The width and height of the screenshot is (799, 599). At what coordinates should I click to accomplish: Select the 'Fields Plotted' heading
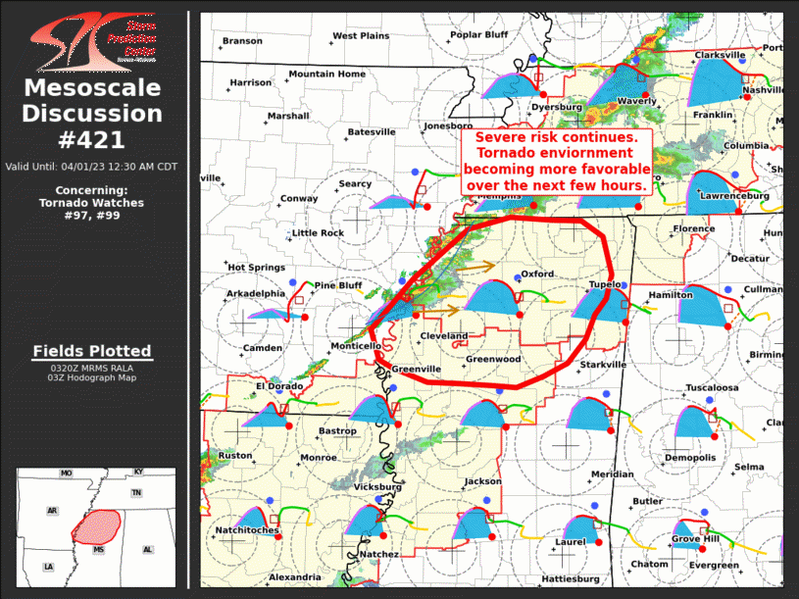tap(92, 351)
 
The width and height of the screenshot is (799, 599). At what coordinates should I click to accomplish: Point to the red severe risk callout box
tap(557, 161)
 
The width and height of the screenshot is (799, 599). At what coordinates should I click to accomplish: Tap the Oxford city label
tap(537, 274)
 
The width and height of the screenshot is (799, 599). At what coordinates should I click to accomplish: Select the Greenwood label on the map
tap(492, 359)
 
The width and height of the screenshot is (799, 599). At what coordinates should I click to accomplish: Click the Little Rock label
tap(319, 232)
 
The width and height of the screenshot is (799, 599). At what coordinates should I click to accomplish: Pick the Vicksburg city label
tap(376, 486)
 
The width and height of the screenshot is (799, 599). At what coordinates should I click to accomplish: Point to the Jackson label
tap(483, 481)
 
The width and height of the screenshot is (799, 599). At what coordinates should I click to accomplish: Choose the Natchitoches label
tap(247, 530)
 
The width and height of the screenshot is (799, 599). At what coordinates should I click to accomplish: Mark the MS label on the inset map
tap(99, 551)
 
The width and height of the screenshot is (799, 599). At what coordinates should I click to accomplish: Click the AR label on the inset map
tap(52, 511)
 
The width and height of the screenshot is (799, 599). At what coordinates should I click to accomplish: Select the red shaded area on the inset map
tap(96, 526)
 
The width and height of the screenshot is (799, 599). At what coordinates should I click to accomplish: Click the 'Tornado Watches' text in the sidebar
tap(91, 203)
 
